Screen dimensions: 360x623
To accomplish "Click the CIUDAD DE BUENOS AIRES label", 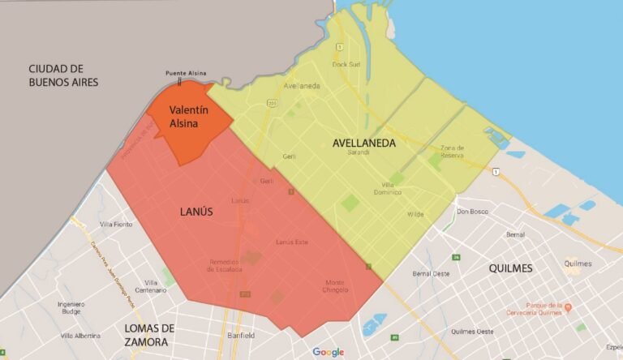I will [x=63, y=75].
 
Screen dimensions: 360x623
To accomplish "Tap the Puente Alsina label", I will [x=180, y=73].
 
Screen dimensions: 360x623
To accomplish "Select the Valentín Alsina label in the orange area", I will [x=189, y=117].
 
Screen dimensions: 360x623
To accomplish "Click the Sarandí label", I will [x=358, y=152].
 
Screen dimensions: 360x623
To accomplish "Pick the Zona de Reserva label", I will [x=452, y=151].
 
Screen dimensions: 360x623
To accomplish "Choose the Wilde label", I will [x=415, y=214].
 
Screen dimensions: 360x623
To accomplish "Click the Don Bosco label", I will [x=473, y=212].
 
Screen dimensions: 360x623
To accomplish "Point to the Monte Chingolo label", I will [x=329, y=286].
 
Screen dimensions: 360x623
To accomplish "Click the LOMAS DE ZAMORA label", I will [x=150, y=335].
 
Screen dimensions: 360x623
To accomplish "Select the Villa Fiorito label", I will [x=116, y=224].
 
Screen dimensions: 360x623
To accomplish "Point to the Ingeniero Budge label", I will [x=71, y=307].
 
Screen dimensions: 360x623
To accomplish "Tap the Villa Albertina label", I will [x=80, y=336].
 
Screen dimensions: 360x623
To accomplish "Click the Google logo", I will [x=329, y=351].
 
